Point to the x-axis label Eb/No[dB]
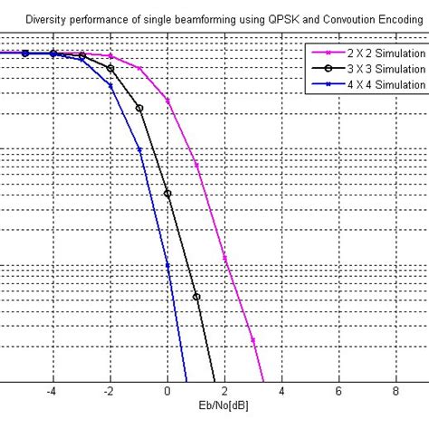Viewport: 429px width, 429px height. tap(226, 409)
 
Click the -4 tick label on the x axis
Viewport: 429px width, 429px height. tap(52, 392)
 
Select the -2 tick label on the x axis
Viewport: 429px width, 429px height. tap(110, 392)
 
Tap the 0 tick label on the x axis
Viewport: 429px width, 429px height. tap(167, 392)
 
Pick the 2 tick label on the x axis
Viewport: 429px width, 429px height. tap(224, 392)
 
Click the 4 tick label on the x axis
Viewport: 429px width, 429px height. tap(281, 392)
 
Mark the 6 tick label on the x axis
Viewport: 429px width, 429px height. tap(338, 392)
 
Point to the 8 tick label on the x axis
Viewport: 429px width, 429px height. tap(396, 392)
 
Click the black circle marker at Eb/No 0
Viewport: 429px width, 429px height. tap(167, 192)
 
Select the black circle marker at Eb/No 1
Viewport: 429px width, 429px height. tap(196, 296)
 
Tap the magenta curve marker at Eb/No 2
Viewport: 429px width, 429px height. tap(224, 259)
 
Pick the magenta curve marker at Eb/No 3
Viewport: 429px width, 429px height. tap(253, 340)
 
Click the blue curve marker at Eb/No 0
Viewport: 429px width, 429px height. tap(167, 265)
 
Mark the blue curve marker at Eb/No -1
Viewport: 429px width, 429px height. tap(139, 149)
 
